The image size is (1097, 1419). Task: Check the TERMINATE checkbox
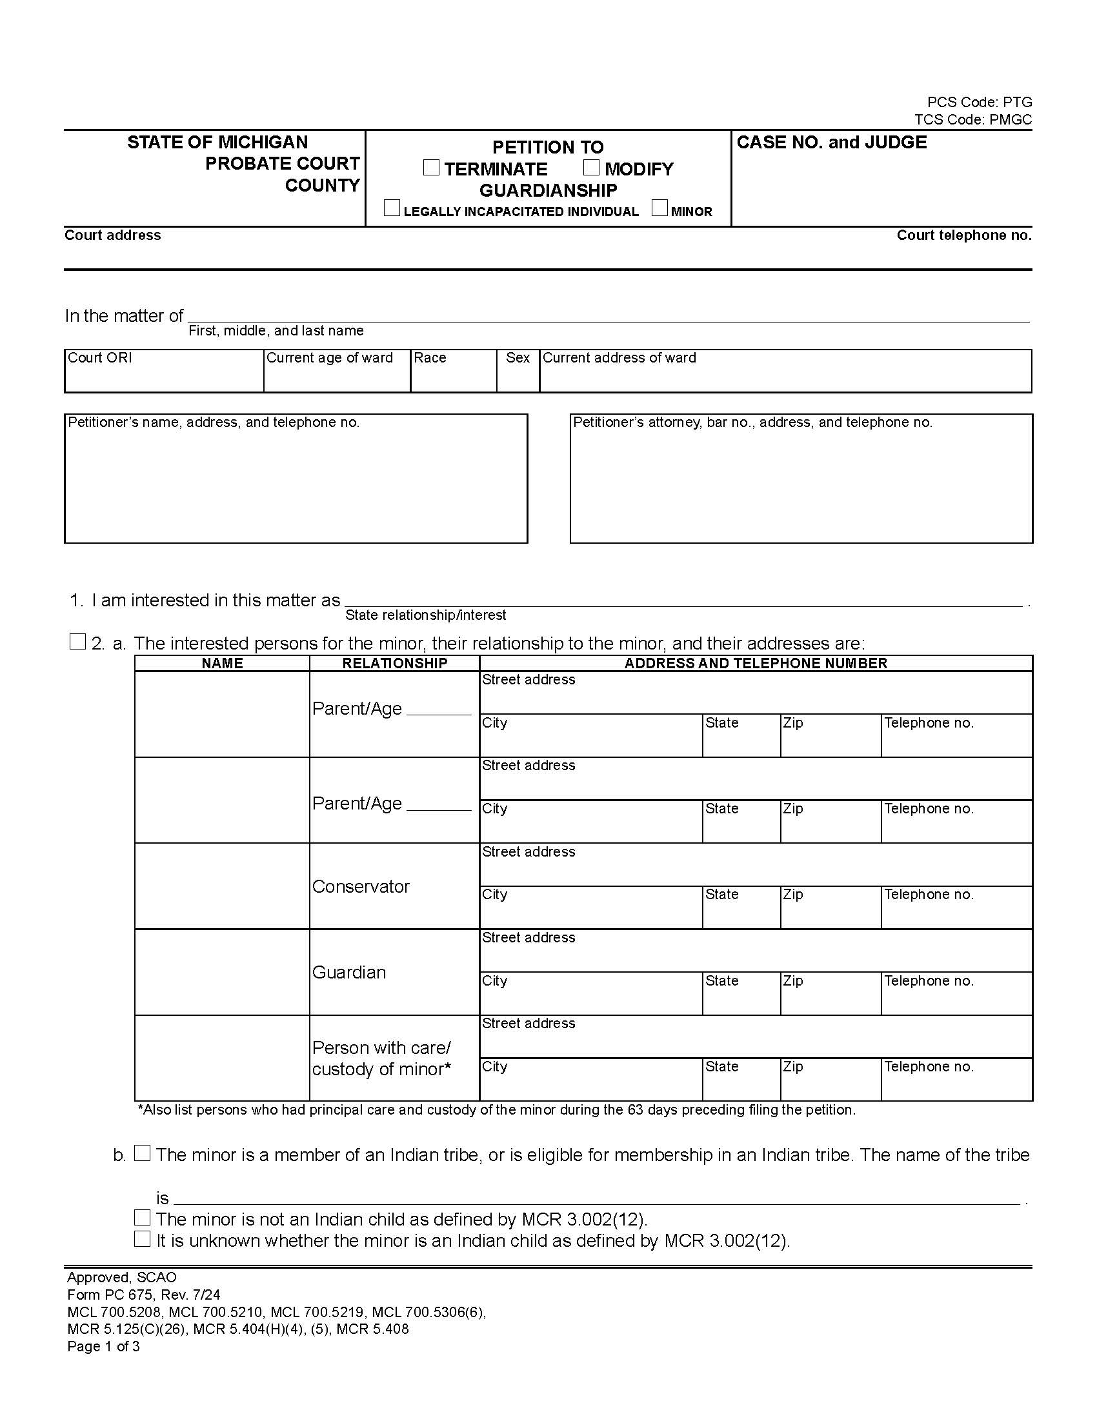click(x=431, y=168)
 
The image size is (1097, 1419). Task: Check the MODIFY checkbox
click(x=590, y=168)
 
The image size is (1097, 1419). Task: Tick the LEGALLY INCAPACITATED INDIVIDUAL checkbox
click(x=392, y=208)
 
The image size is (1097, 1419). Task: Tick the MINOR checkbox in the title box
click(x=659, y=208)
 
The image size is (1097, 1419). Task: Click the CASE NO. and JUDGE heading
click(x=831, y=143)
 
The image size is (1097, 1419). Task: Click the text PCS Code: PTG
click(x=980, y=102)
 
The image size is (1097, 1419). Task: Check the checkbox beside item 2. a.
click(x=77, y=642)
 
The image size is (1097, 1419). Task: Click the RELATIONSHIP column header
click(x=394, y=663)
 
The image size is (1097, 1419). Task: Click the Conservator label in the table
click(x=361, y=887)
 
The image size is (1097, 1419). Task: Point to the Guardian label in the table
click(x=349, y=973)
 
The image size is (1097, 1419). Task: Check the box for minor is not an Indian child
click(x=143, y=1217)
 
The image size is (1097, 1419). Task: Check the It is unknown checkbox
click(x=143, y=1239)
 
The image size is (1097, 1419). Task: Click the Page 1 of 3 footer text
click(x=103, y=1346)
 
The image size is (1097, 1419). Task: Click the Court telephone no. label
click(x=964, y=235)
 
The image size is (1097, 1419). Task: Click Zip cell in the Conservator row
click(x=830, y=908)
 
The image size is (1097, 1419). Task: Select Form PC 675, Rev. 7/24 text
click(x=144, y=1295)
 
